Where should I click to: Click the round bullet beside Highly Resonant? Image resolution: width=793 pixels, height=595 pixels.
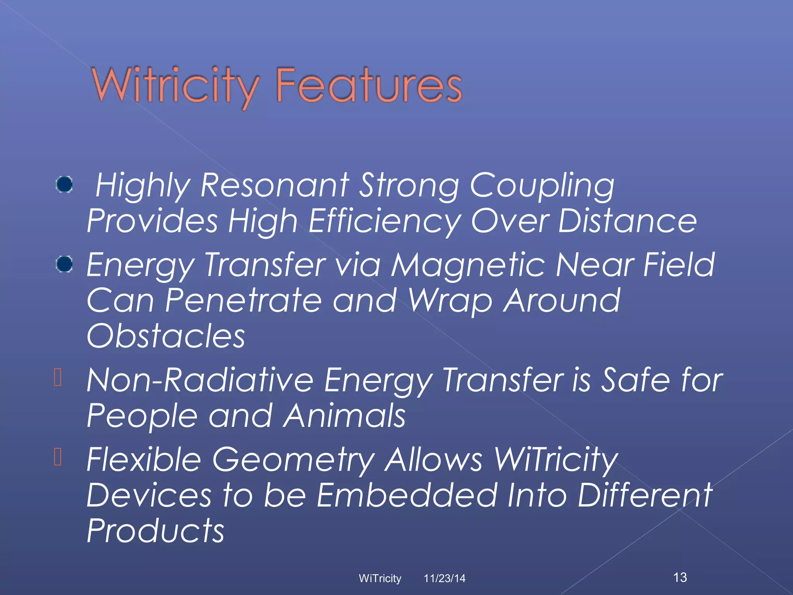(x=64, y=184)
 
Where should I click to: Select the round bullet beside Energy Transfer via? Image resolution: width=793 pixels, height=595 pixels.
(x=64, y=264)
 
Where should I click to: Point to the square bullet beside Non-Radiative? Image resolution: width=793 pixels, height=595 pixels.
(x=58, y=377)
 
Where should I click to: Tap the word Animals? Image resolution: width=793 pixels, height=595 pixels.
(x=344, y=415)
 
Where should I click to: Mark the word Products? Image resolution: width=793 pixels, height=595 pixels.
(x=155, y=531)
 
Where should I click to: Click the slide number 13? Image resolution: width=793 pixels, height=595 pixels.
(x=680, y=577)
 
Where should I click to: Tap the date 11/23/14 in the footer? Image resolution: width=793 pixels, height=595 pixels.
(x=445, y=578)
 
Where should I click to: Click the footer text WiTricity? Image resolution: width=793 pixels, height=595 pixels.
(x=380, y=578)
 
